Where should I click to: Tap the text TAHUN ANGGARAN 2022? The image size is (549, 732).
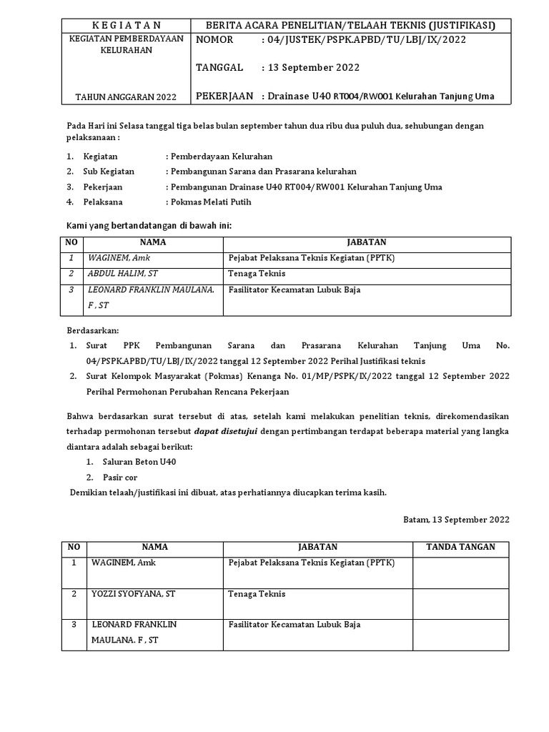click(x=125, y=97)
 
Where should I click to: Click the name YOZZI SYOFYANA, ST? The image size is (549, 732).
click(x=134, y=593)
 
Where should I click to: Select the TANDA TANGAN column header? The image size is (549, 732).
click(x=460, y=547)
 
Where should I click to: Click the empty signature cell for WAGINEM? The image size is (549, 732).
click(x=460, y=570)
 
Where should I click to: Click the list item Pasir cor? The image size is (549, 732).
click(x=121, y=478)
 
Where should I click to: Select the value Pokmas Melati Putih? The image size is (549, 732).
click(x=209, y=202)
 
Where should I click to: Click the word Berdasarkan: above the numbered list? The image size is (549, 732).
click(x=92, y=331)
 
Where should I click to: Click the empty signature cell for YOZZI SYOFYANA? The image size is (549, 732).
click(x=460, y=601)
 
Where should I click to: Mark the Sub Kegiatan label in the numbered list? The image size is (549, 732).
click(x=109, y=172)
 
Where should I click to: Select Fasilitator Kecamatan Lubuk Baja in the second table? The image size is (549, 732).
click(x=294, y=624)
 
